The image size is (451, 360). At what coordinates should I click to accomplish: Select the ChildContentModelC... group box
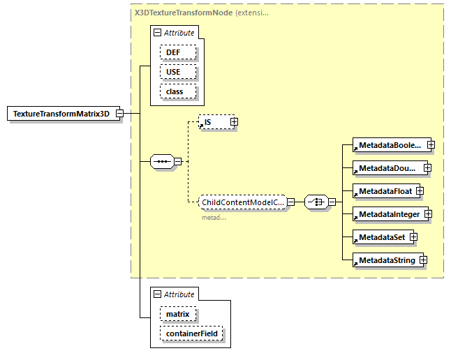click(x=242, y=202)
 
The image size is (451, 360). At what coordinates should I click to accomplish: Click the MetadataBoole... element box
click(x=389, y=145)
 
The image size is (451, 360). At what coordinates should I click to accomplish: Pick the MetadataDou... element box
click(x=387, y=168)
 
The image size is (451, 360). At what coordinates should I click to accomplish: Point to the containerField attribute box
click(x=191, y=333)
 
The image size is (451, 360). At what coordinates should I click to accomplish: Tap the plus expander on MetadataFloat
click(x=420, y=191)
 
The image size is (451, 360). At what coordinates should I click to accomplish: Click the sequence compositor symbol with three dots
click(x=162, y=162)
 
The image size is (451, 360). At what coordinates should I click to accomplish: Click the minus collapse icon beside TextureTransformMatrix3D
click(x=120, y=114)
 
